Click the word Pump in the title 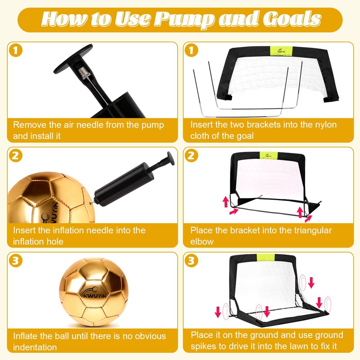tap(185, 19)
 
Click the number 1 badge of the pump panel tap(15, 50)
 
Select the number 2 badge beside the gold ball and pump tap(15, 156)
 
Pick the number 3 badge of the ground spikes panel tap(191, 261)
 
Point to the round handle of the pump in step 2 tap(171, 158)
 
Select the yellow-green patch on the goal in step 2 tap(268, 155)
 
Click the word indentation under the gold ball tap(35, 347)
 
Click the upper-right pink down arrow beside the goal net tap(311, 283)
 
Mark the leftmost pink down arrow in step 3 tap(218, 312)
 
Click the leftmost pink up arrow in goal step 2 tap(226, 202)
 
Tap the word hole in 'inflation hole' tap(55, 242)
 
